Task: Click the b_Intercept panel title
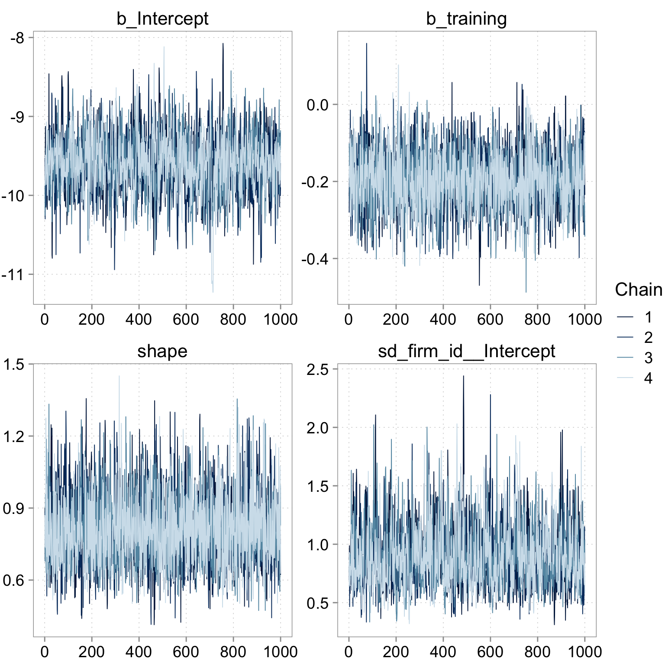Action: pyautogui.click(x=162, y=19)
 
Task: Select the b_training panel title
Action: pyautogui.click(x=466, y=19)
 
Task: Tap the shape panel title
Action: pyautogui.click(x=162, y=351)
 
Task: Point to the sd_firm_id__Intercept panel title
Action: pyautogui.click(x=466, y=351)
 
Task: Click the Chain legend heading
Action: pyautogui.click(x=638, y=290)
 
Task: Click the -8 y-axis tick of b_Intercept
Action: pyautogui.click(x=17, y=38)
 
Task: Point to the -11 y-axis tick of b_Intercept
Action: pyautogui.click(x=13, y=274)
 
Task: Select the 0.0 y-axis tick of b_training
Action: pyautogui.click(x=317, y=105)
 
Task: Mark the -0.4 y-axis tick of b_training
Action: pyautogui.click(x=315, y=259)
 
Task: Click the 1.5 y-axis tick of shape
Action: pyautogui.click(x=14, y=365)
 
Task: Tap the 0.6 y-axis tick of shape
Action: pyautogui.click(x=14, y=580)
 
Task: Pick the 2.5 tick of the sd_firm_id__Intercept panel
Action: pyautogui.click(x=317, y=369)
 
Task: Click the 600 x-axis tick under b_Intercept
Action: pyautogui.click(x=186, y=320)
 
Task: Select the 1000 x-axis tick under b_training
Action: pyautogui.click(x=584, y=320)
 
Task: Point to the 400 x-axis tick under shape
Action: pyautogui.click(x=139, y=652)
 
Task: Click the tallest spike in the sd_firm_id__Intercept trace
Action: pyautogui.click(x=463, y=376)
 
